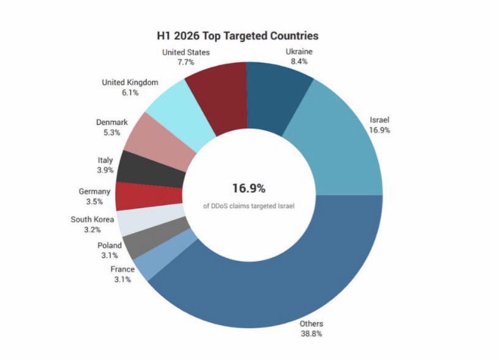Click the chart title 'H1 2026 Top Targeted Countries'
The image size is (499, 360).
point(237,36)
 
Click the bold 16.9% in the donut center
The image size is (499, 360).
point(249,188)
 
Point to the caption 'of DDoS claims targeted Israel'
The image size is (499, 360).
point(249,206)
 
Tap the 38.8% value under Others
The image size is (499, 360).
point(311,334)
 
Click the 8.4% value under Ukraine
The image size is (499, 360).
point(299,62)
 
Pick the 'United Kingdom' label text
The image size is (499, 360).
point(130,82)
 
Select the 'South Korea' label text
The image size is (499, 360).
point(92,220)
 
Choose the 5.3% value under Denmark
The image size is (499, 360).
point(112,132)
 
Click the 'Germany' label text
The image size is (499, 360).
point(94,192)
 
